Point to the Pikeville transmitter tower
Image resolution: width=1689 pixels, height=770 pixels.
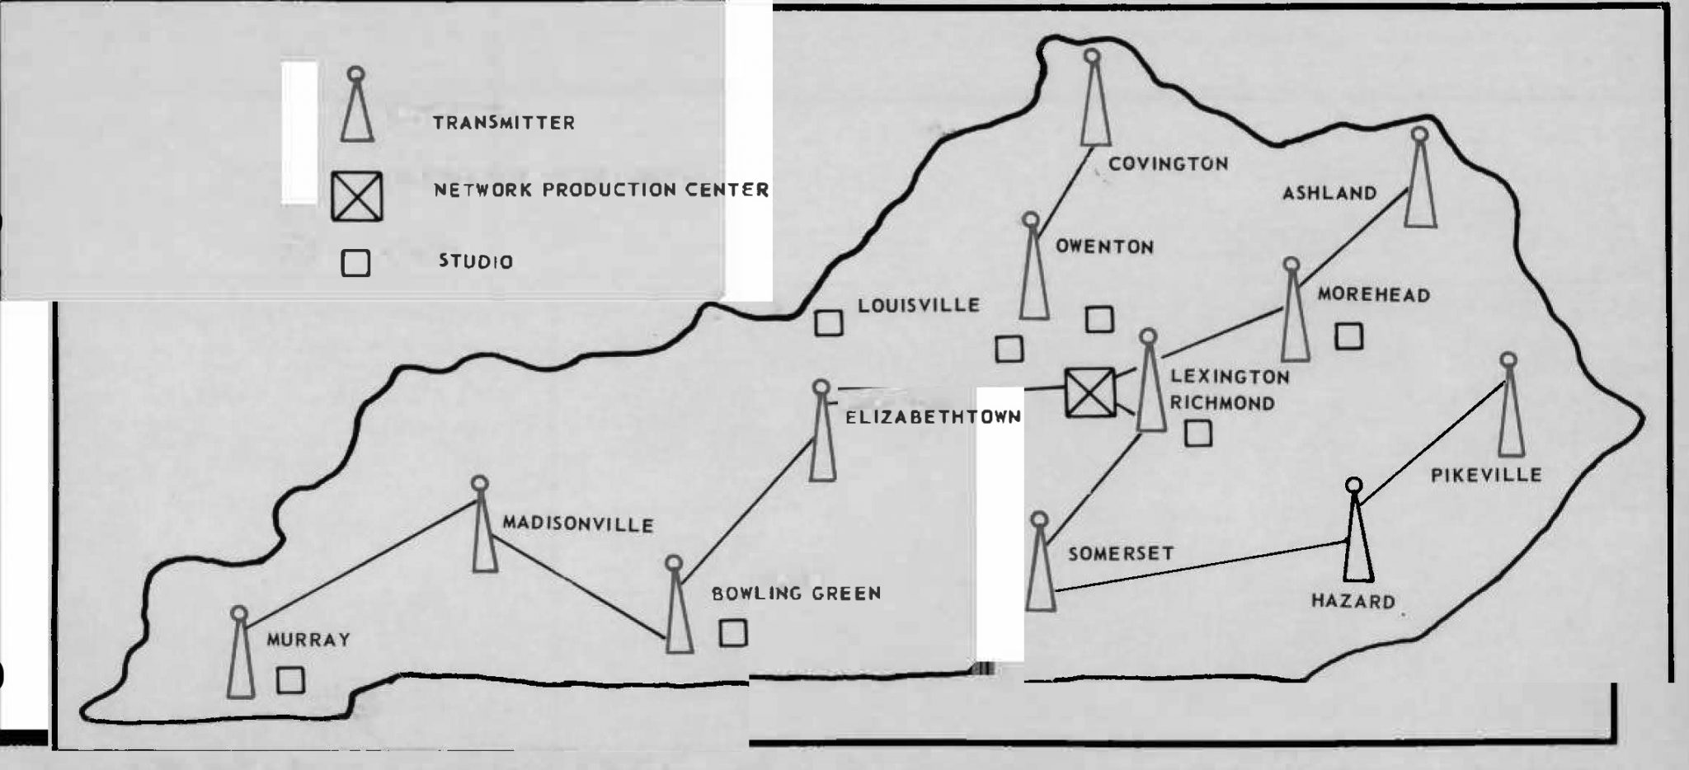[x=1510, y=412]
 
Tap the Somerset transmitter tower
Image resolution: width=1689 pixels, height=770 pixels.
[x=1041, y=569]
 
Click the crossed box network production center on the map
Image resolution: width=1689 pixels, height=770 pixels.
[x=1089, y=392]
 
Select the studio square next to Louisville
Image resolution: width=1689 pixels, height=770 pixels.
[x=829, y=322]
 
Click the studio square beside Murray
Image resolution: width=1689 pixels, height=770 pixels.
[x=290, y=680]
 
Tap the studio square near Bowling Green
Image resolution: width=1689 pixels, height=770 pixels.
[x=733, y=632]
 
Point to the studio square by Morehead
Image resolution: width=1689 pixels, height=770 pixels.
[x=1349, y=336]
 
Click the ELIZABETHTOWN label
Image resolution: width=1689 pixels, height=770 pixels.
[x=934, y=417]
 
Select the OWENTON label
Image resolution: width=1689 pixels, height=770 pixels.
[x=1104, y=246]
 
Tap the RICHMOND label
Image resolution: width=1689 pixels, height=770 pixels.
[x=1221, y=403]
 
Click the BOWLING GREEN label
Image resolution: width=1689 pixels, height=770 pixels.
[x=796, y=593]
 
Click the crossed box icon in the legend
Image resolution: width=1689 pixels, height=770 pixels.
[x=357, y=196]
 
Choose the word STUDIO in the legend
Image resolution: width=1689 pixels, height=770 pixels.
[x=476, y=261]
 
